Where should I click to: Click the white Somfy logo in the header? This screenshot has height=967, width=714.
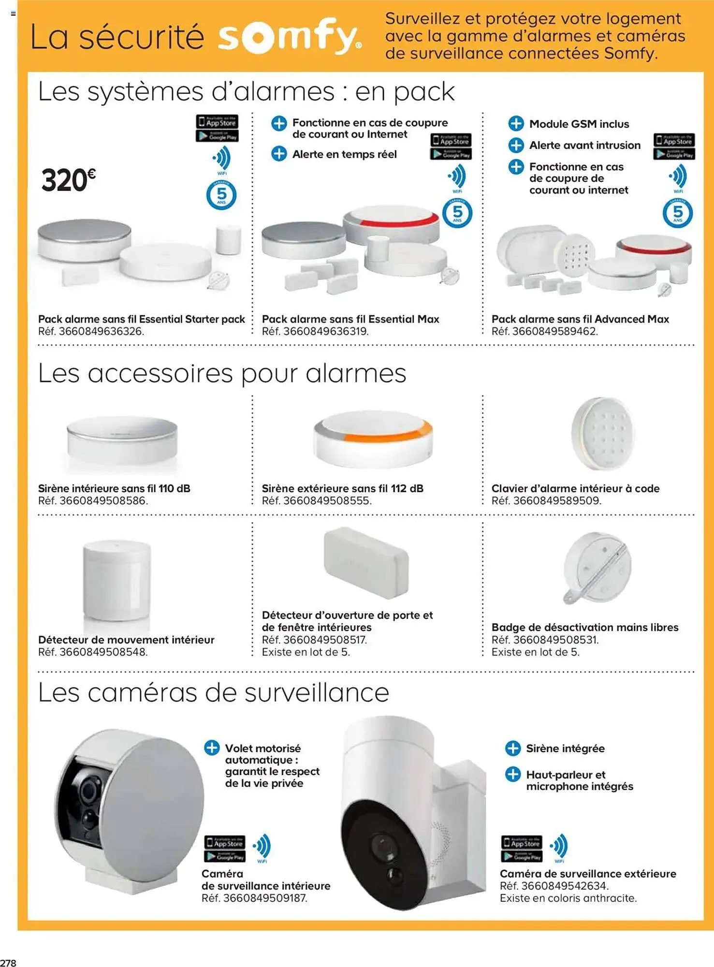pos(289,37)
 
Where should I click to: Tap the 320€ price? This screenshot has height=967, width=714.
pos(68,180)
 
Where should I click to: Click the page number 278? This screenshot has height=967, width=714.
pos(8,962)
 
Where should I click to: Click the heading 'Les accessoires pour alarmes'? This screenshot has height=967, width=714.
pos(222,373)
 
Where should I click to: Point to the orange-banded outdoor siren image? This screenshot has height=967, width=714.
pos(373,439)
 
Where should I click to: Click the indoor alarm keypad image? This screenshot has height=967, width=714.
pos(602,434)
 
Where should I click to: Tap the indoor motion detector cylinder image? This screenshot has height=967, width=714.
pos(117,580)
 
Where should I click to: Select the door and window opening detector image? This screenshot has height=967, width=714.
pos(366,562)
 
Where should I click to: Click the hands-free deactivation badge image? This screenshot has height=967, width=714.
pos(597,568)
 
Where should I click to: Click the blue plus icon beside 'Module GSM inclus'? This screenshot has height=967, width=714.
pos(516,124)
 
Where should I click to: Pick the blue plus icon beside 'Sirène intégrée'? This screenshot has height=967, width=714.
pos(512,748)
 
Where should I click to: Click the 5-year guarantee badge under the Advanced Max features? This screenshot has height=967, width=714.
pos(677,213)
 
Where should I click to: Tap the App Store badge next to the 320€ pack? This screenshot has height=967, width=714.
pos(217,122)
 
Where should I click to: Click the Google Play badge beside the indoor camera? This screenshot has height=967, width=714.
pos(225,856)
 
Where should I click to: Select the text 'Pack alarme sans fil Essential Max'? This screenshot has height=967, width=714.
pos(350,319)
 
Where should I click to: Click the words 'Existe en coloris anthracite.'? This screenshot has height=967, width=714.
pos(568,898)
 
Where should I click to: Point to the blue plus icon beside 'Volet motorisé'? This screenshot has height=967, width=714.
pos(212,747)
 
